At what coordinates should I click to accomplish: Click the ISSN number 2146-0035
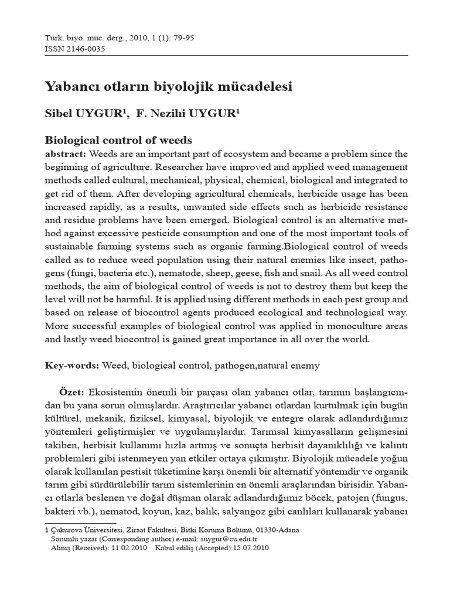(x=85, y=49)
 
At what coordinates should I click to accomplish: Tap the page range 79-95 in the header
(x=183, y=38)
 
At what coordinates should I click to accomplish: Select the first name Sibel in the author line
(x=60, y=114)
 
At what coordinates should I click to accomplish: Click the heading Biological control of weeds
(x=119, y=141)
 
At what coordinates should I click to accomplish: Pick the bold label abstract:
(x=66, y=154)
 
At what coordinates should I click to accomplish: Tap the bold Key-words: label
(x=71, y=366)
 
